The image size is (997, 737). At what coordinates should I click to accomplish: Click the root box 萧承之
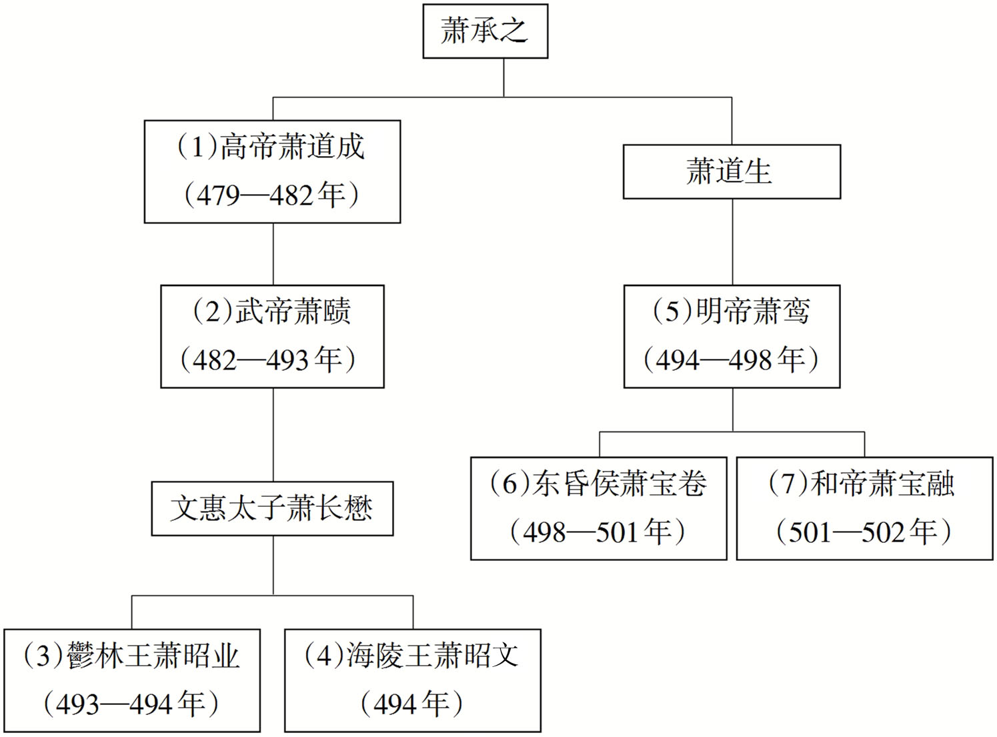485,31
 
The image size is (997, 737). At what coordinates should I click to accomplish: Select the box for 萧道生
732,172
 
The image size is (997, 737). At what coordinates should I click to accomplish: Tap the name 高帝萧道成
292,147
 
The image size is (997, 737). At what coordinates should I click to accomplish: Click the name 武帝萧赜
293,311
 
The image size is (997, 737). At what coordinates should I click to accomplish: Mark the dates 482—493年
268,360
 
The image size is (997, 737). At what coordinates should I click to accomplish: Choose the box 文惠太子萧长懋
272,509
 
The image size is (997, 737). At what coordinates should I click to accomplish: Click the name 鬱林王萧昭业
153,656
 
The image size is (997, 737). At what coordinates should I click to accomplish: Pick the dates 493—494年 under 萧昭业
131,704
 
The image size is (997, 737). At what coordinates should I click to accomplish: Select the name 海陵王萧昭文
432,656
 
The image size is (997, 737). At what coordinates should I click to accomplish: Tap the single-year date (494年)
412,704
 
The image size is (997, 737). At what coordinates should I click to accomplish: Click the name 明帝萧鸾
753,311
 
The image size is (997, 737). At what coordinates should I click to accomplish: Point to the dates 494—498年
731,360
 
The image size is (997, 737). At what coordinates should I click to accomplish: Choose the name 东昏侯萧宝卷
620,484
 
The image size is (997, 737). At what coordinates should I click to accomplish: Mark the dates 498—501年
598,532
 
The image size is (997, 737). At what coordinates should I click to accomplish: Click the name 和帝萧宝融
882,484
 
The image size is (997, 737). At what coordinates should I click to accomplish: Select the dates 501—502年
864,532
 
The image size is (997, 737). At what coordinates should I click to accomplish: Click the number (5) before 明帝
673,311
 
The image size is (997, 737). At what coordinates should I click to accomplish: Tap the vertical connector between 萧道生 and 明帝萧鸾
733,242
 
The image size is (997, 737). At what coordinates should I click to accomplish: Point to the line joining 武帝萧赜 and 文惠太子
273,435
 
